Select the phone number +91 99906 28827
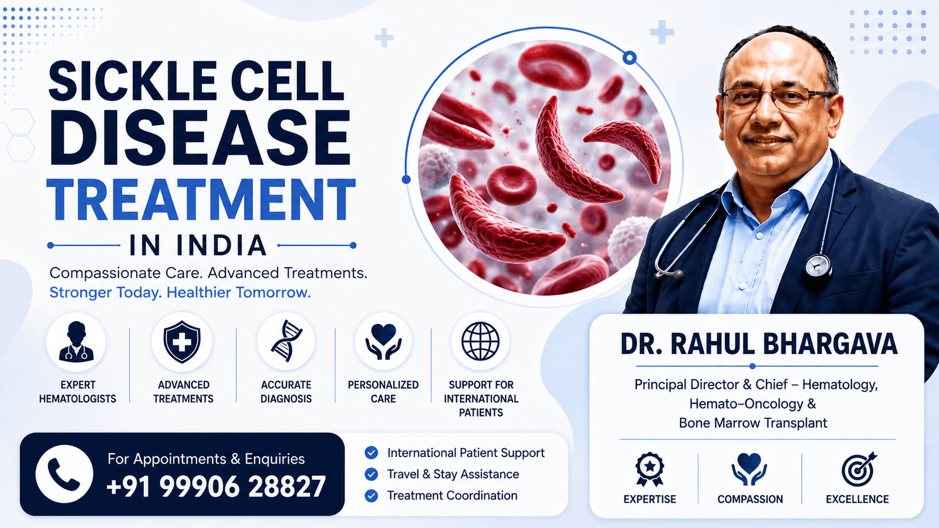(x=216, y=486)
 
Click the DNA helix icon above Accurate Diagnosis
(x=286, y=341)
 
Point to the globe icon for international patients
(x=481, y=341)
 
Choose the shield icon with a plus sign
(x=182, y=341)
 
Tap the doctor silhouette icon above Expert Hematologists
(x=76, y=341)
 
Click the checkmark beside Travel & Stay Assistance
(x=371, y=475)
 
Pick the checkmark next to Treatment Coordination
(x=371, y=496)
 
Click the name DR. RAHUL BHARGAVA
(x=759, y=344)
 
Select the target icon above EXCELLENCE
(x=857, y=469)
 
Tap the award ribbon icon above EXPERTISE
(x=649, y=469)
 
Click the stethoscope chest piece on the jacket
(x=818, y=266)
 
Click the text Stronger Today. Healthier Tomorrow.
(x=180, y=293)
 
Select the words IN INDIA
(x=198, y=246)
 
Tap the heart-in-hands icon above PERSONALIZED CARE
(x=383, y=341)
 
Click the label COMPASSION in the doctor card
(x=750, y=499)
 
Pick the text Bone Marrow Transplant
(x=753, y=423)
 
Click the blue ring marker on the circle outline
(x=629, y=57)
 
